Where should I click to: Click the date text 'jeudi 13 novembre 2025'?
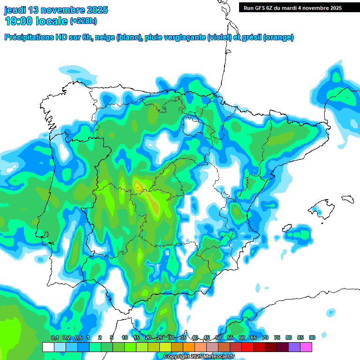click(x=56, y=10)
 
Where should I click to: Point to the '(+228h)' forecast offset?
click(x=83, y=21)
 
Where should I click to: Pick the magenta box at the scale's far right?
click(x=306, y=347)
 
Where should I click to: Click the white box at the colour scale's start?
click(x=48, y=347)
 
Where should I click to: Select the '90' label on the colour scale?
click(x=312, y=338)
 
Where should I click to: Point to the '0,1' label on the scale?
click(x=54, y=338)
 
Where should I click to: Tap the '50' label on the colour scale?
click(x=218, y=338)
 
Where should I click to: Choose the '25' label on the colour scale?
click(x=160, y=338)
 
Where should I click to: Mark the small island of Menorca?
click(x=346, y=199)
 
